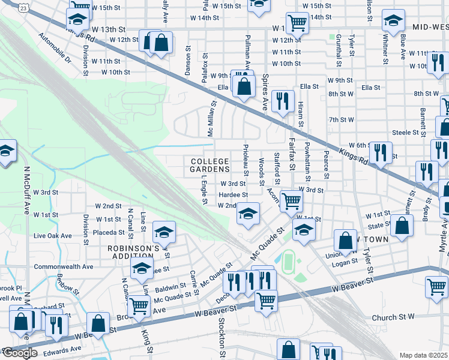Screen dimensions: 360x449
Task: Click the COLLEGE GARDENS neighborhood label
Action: click(x=209, y=166)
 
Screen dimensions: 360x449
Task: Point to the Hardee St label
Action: click(x=234, y=195)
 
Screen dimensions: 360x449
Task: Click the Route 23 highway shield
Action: click(x=23, y=7)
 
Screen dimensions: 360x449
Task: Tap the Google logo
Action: click(x=20, y=353)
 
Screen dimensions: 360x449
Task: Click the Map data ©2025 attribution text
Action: click(x=424, y=355)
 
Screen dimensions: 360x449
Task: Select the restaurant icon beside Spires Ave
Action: click(x=282, y=100)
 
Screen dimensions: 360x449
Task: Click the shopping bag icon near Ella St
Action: click(x=243, y=86)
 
